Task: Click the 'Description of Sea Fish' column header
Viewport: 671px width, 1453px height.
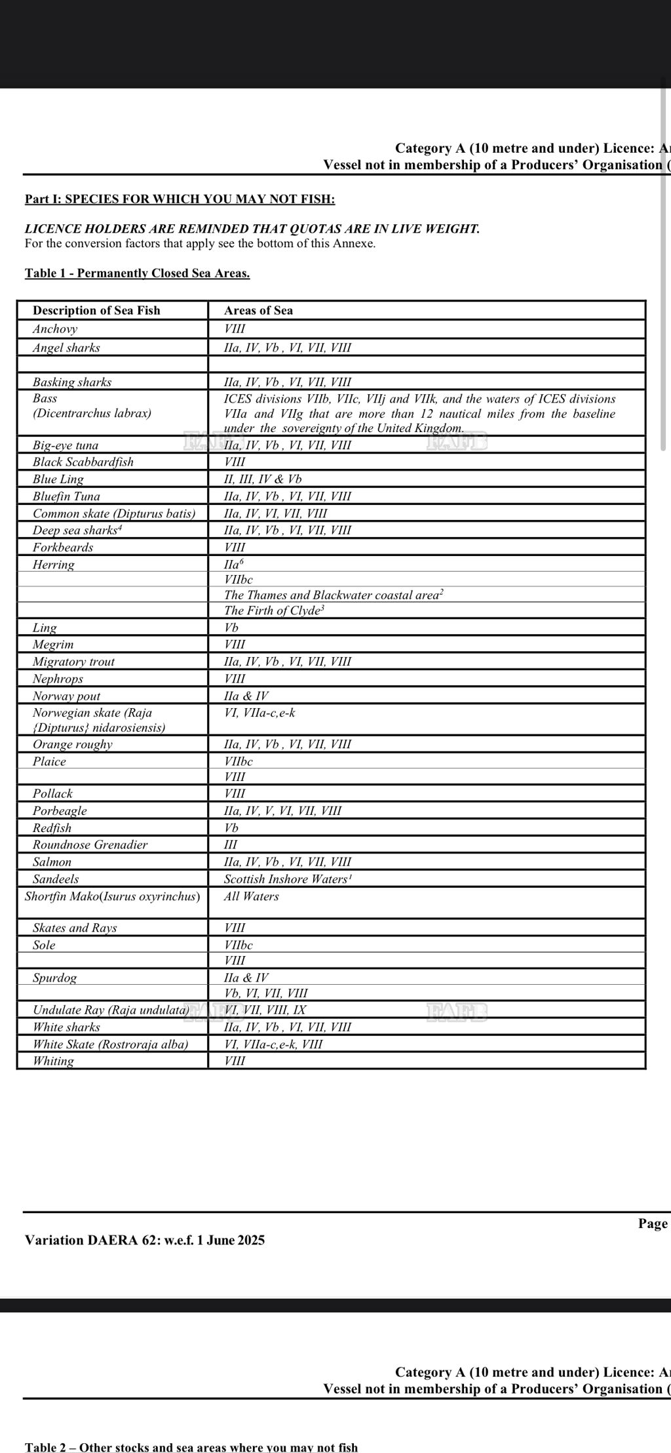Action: (96, 310)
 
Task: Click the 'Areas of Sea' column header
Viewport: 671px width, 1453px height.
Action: (258, 310)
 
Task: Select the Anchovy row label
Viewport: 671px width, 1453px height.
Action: (55, 328)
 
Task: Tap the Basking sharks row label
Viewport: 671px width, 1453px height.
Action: (72, 382)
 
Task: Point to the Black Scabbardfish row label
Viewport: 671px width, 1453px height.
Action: (83, 462)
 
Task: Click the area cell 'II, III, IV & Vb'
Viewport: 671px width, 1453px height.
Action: (263, 479)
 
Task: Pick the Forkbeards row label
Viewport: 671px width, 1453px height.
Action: (63, 547)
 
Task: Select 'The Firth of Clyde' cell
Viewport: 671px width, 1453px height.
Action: (274, 610)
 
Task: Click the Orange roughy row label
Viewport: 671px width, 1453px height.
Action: (73, 744)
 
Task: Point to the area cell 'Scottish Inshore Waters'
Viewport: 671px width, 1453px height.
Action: (288, 879)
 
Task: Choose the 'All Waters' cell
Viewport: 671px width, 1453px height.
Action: (251, 896)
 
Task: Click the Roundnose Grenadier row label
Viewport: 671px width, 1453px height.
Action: (90, 845)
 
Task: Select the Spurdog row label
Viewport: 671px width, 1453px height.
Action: (55, 978)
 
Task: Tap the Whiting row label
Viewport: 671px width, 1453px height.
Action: (54, 1060)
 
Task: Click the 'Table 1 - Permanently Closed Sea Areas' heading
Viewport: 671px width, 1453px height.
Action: (137, 273)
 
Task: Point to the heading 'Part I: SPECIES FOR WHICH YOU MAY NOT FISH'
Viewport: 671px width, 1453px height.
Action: (180, 199)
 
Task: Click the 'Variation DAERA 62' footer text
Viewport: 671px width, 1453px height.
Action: (145, 1239)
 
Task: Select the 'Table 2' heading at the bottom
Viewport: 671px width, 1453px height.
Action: (191, 1447)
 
